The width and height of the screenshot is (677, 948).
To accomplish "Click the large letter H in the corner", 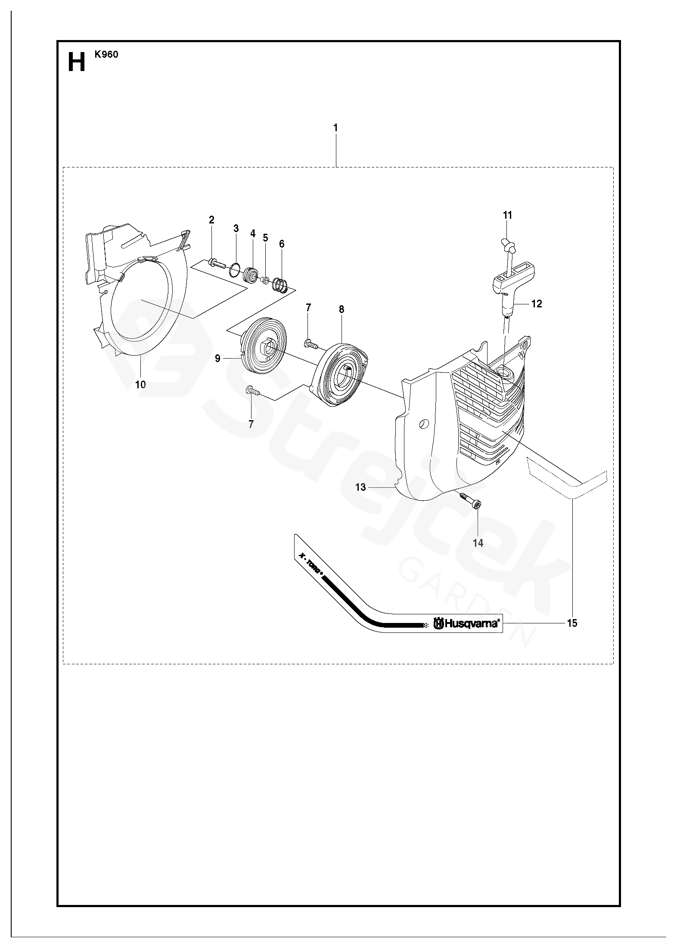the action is tap(76, 63).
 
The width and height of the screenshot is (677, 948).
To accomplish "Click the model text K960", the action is tap(106, 55).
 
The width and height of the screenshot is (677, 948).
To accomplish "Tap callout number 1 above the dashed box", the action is tap(335, 128).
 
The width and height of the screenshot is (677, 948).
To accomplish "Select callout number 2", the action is tap(211, 220).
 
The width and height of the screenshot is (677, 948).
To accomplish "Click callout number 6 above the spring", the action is tap(282, 244).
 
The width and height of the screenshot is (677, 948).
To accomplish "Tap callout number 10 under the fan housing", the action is tap(140, 384).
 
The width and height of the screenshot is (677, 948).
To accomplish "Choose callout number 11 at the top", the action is tap(508, 215).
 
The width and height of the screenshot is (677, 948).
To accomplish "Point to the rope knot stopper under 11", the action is tap(508, 246).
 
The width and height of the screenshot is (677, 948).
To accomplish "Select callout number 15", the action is tap(572, 623).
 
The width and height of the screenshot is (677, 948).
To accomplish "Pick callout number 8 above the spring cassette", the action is tap(342, 309).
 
